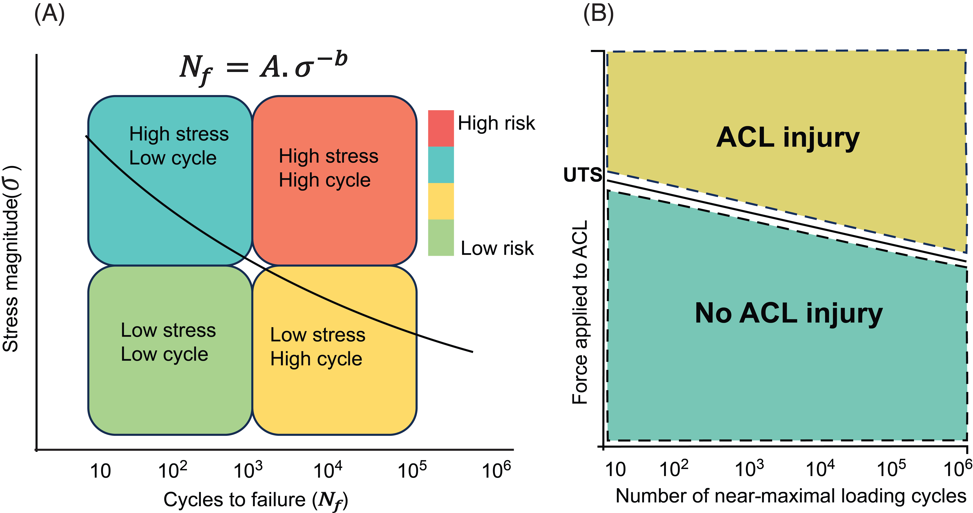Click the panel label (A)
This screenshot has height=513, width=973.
point(49,14)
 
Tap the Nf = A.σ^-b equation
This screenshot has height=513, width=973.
point(263,68)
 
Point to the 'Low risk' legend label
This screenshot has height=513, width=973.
point(497,248)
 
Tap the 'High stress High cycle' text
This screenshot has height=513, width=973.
point(328,168)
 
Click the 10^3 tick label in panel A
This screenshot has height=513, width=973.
point(248,470)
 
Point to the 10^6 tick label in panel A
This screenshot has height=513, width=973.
point(496,470)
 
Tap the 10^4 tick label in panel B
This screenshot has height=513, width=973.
point(820,469)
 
